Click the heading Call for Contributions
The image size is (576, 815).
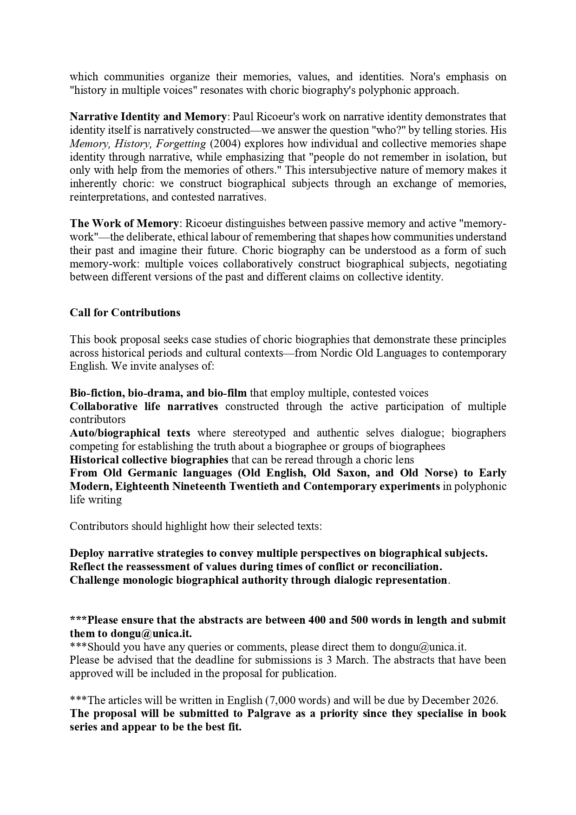(125, 313)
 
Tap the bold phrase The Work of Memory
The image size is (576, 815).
(124, 223)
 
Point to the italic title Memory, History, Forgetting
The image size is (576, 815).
(137, 143)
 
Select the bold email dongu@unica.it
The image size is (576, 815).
(151, 633)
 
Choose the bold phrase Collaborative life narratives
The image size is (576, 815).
(144, 406)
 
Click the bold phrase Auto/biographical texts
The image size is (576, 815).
(130, 433)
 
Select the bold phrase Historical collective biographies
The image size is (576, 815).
(149, 460)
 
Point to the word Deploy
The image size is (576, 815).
(87, 553)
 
